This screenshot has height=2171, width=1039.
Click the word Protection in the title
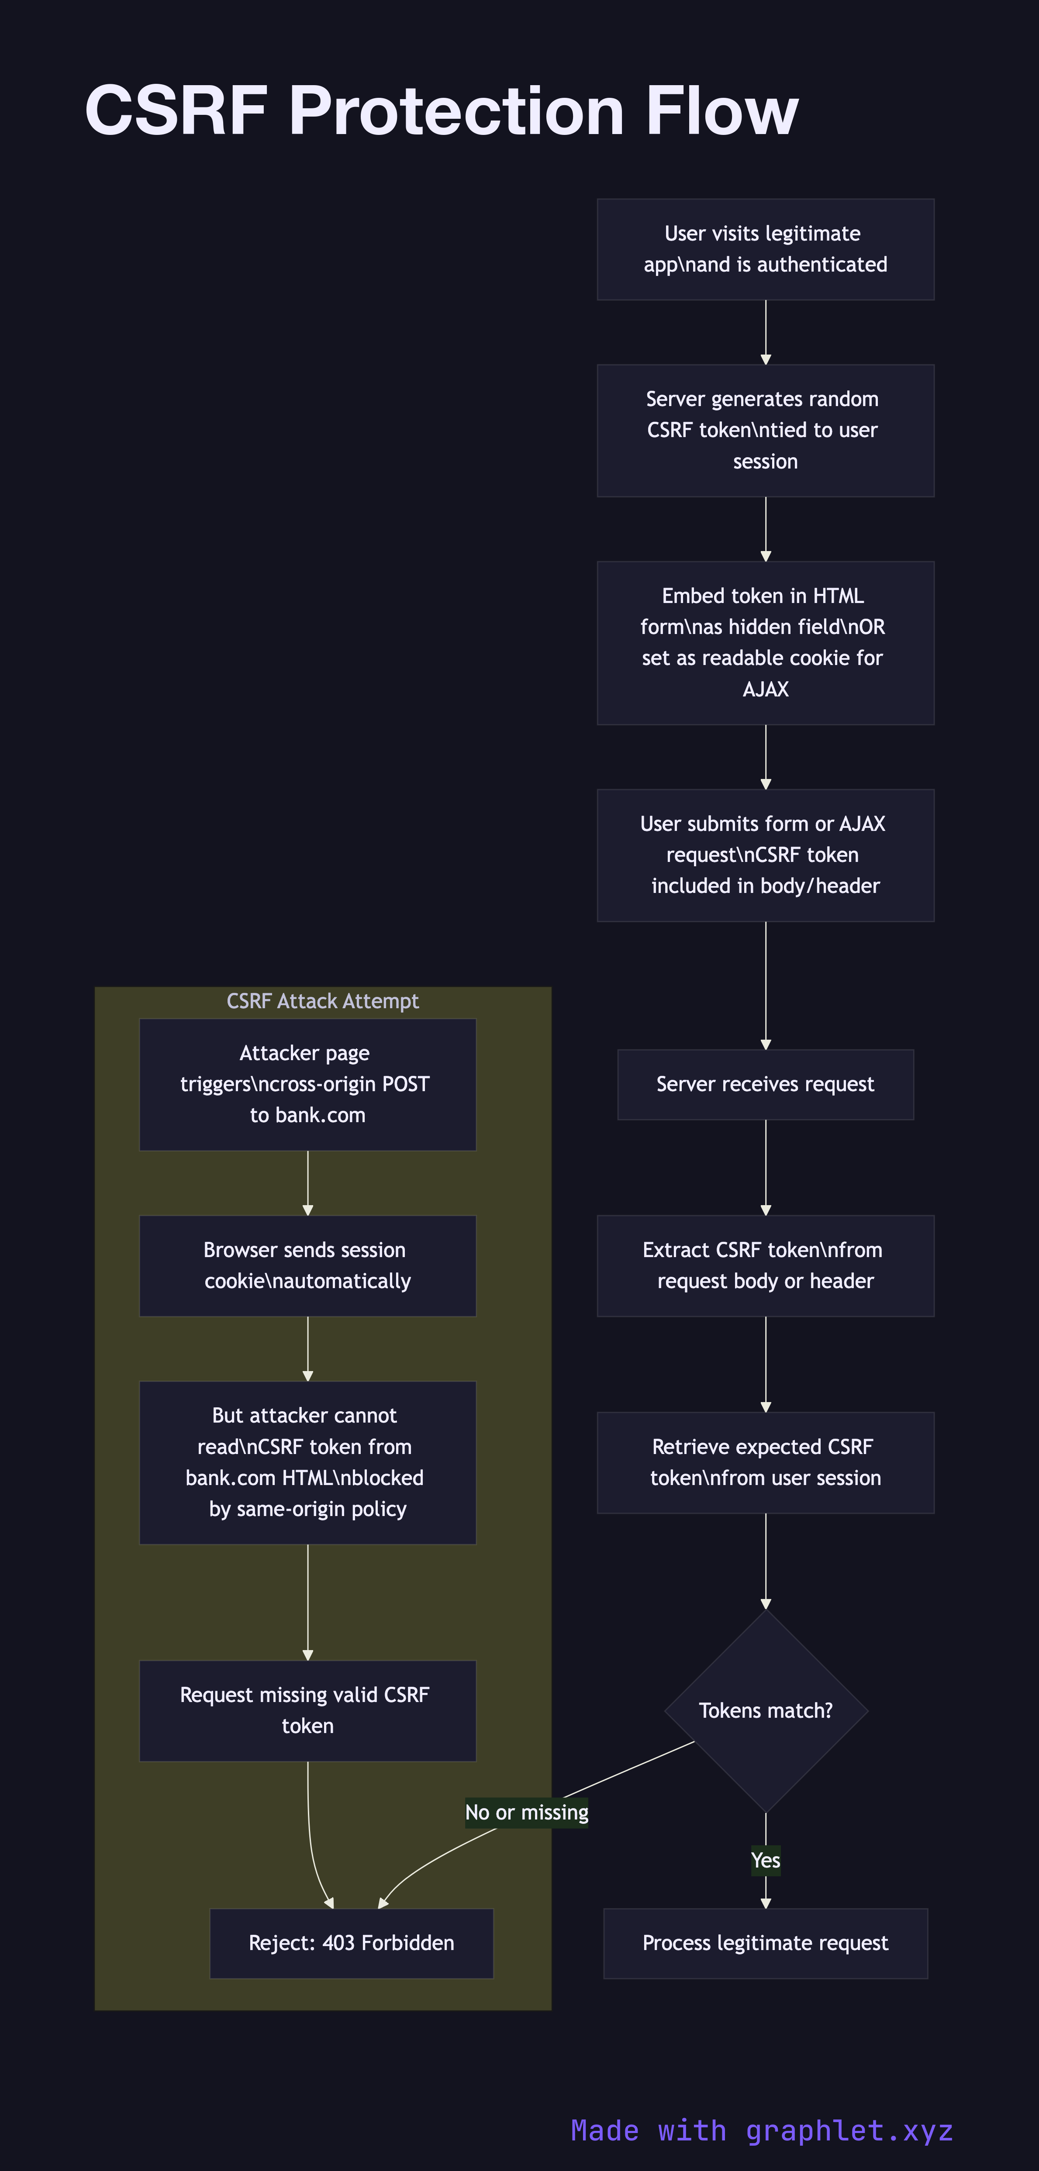pyautogui.click(x=456, y=111)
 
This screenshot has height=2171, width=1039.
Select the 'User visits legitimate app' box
pyautogui.click(x=765, y=249)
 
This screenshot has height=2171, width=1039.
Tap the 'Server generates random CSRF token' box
pyautogui.click(x=765, y=431)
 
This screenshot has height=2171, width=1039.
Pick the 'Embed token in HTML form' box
pyautogui.click(x=765, y=643)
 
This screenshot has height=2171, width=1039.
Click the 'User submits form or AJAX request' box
pyautogui.click(x=765, y=855)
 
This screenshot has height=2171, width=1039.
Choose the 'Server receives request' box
pyautogui.click(x=765, y=1085)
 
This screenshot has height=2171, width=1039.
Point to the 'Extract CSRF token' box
pyautogui.click(x=765, y=1266)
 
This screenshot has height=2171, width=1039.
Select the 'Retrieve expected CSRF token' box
pyautogui.click(x=765, y=1463)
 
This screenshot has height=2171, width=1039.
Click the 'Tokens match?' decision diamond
pyautogui.click(x=765, y=1711)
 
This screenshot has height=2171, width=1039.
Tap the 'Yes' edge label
pyautogui.click(x=765, y=1861)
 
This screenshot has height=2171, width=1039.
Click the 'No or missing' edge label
pyautogui.click(x=527, y=1813)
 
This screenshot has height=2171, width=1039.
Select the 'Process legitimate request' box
pyautogui.click(x=765, y=1944)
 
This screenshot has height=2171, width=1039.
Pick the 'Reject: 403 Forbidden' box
pyautogui.click(x=352, y=1944)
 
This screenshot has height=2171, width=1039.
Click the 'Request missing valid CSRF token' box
pyautogui.click(x=307, y=1711)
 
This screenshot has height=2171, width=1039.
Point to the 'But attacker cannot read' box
pyautogui.click(x=307, y=1463)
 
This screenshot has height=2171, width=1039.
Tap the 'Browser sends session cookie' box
pyautogui.click(x=307, y=1266)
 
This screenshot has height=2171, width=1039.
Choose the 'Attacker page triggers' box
pyautogui.click(x=307, y=1085)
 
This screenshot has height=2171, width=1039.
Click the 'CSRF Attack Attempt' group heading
pyautogui.click(x=323, y=1001)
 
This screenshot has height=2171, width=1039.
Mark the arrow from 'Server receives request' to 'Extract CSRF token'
pyautogui.click(x=765, y=1167)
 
